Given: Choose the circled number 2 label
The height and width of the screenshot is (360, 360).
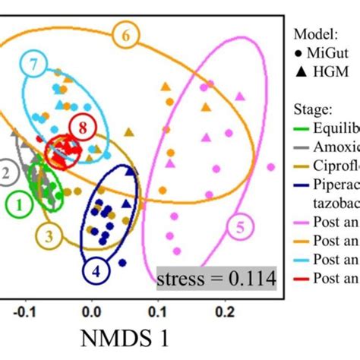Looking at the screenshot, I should [x=7, y=173].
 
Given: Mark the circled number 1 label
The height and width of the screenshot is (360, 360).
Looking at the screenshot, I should [x=19, y=204].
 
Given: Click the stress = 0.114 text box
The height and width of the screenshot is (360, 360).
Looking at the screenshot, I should [x=215, y=279].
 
